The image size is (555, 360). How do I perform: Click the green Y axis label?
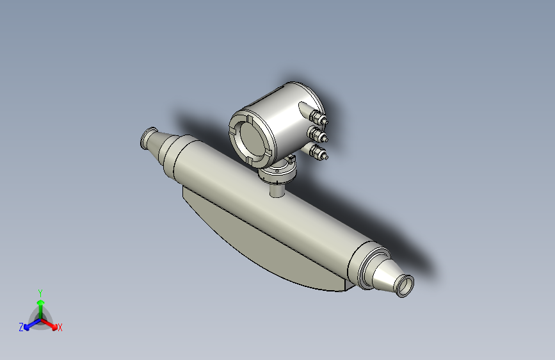(40, 291)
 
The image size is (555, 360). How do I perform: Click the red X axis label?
(60, 327)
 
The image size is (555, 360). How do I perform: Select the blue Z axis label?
(21, 327)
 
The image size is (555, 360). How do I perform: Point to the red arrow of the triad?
(51, 323)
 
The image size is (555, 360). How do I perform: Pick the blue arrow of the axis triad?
(29, 323)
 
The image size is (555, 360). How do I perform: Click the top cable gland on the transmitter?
(318, 117)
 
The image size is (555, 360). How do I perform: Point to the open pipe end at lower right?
(406, 285)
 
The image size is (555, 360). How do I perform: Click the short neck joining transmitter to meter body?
(277, 190)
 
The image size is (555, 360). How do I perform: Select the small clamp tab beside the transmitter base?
(291, 158)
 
